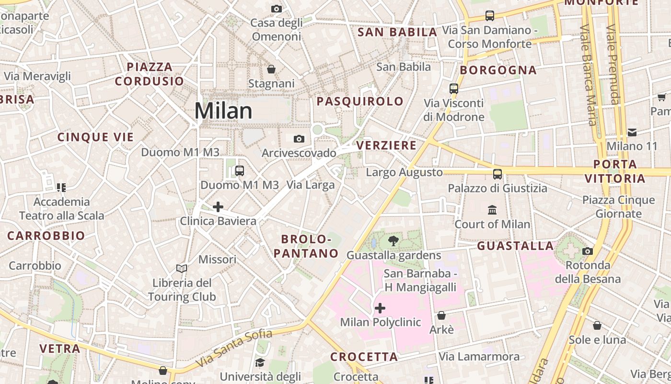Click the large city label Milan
223,111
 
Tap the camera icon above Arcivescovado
299,139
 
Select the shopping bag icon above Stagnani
271,70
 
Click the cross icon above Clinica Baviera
218,207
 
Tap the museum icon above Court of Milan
492,210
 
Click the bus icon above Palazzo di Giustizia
497,174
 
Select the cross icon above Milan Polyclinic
380,308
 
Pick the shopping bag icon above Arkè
441,315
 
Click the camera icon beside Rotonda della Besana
588,251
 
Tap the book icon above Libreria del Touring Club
182,268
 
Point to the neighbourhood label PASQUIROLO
360,101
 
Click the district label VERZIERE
386,145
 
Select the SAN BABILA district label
397,32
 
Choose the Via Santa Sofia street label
235,346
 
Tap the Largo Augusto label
404,172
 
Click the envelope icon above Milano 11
632,132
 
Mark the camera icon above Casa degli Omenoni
277,9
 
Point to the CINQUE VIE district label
96,137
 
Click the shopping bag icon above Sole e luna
597,325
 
